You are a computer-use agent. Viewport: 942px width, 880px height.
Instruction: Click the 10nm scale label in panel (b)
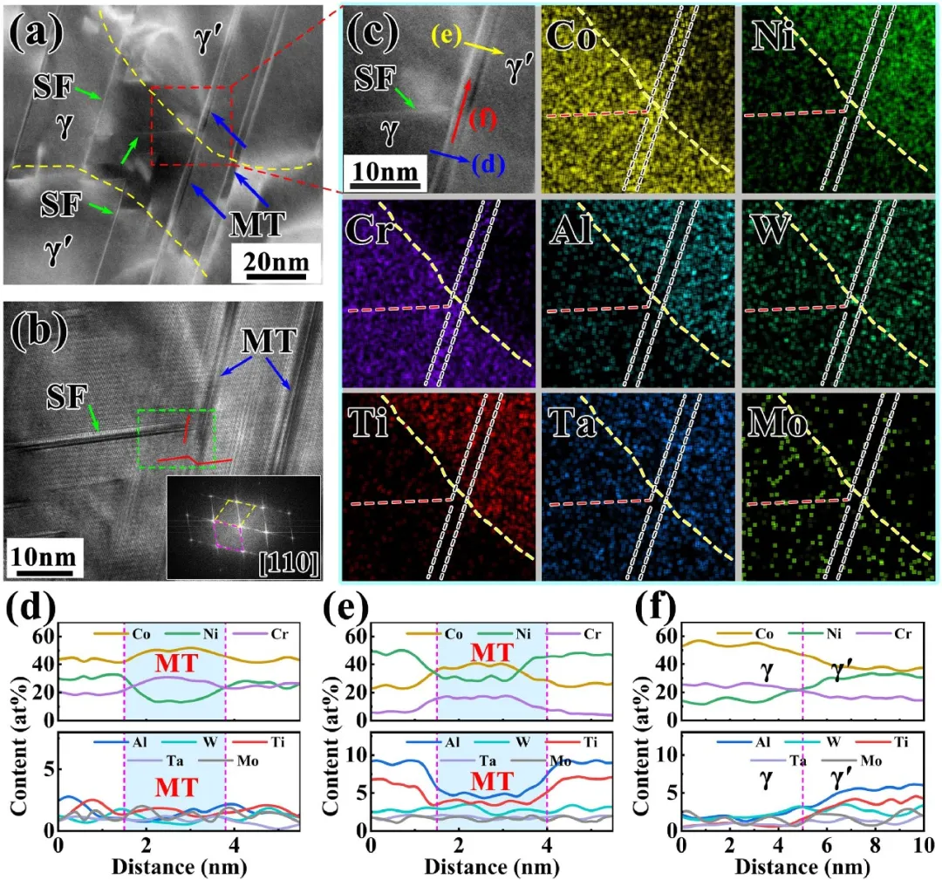coord(42,556)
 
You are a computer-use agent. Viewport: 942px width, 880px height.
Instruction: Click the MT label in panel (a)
coord(258,224)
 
